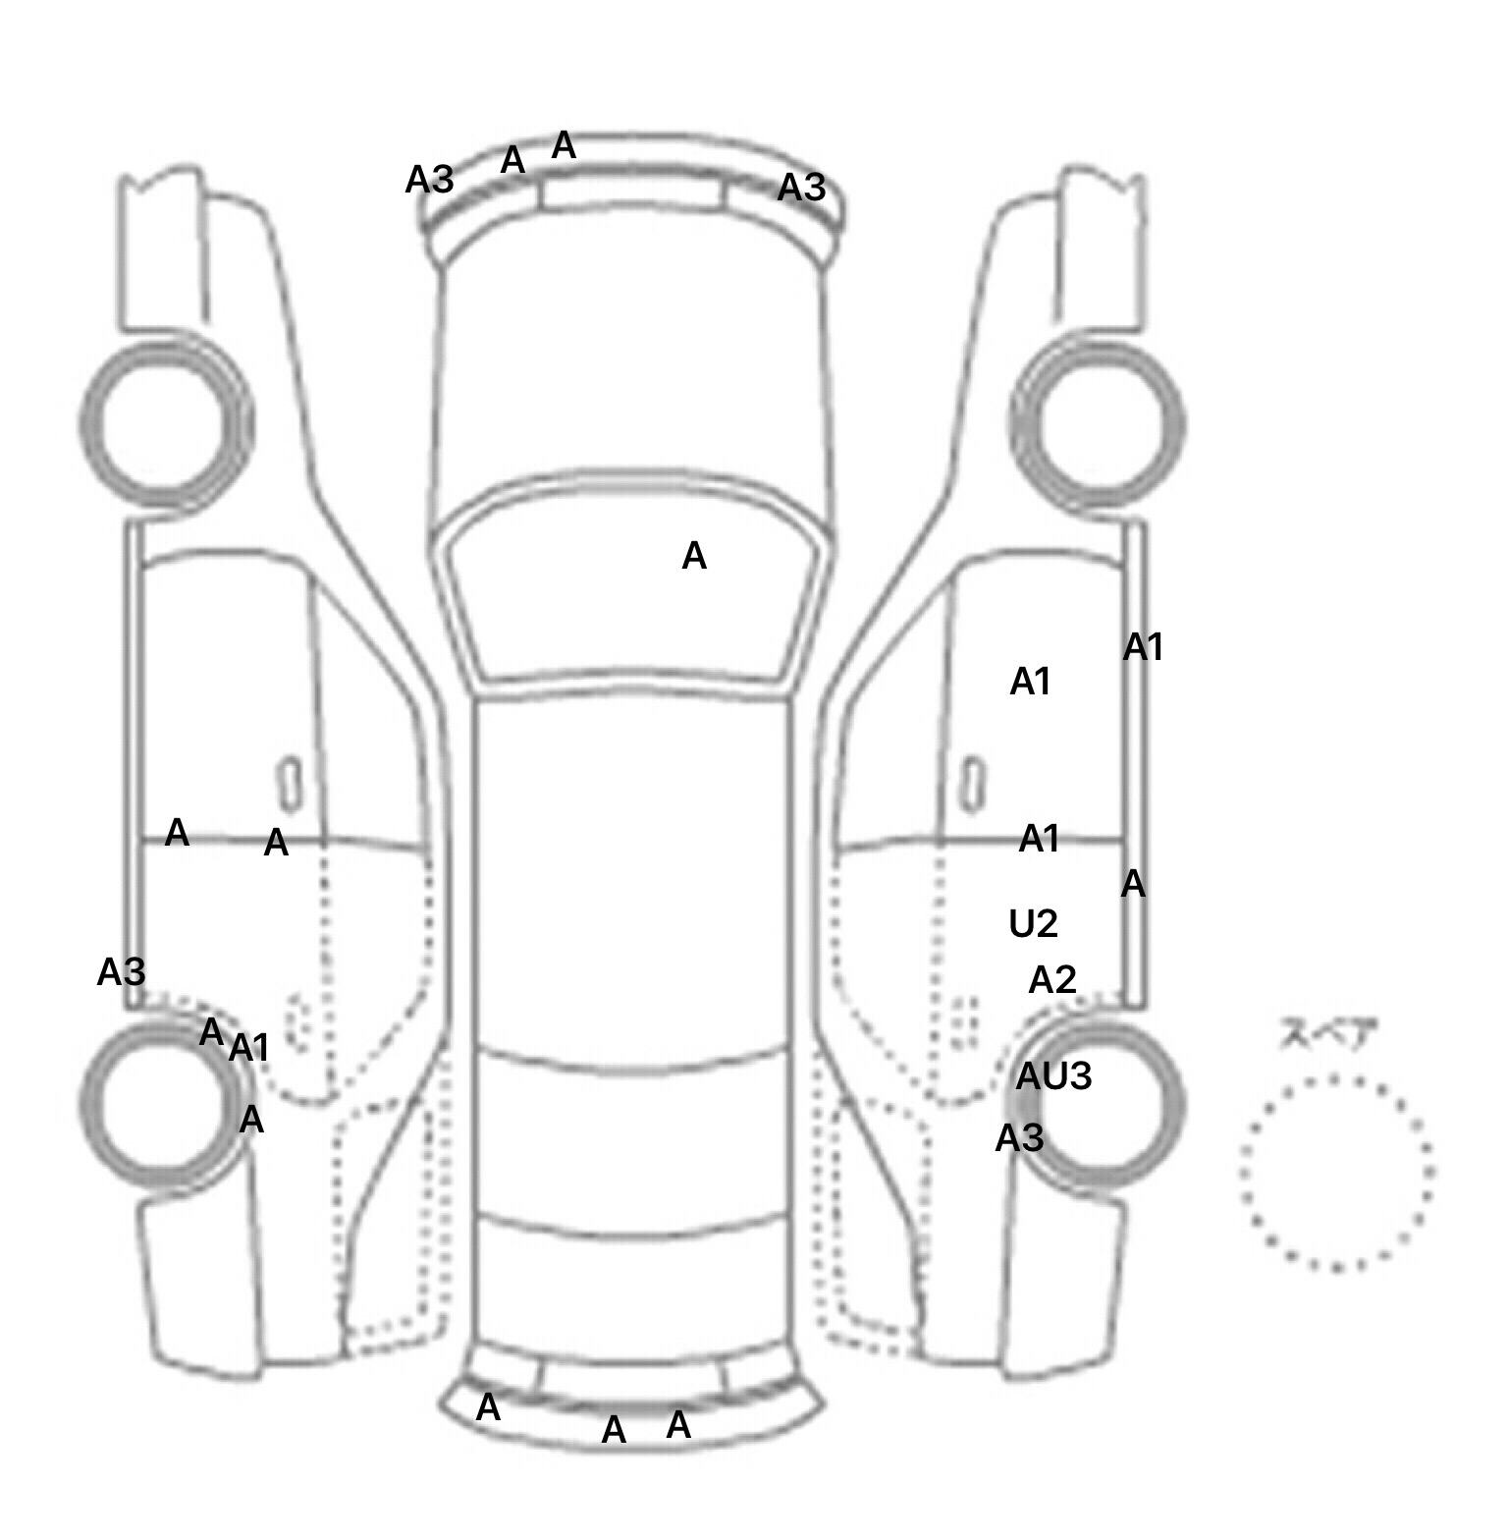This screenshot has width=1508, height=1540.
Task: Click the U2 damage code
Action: tap(1033, 923)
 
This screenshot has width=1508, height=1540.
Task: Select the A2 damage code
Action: tap(1052, 979)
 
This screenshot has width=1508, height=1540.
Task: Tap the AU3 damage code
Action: tap(1053, 1076)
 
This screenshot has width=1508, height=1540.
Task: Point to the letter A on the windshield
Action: tap(694, 557)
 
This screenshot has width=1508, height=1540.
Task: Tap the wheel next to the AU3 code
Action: tap(1098, 1102)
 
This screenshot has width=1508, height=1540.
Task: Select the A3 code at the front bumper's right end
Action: tap(801, 187)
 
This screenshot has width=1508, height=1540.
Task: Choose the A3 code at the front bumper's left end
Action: tap(430, 180)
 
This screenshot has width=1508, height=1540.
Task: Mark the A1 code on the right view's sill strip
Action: tap(1144, 647)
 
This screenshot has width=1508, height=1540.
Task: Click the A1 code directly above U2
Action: tap(1040, 839)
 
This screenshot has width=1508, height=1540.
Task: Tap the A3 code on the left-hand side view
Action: tap(122, 972)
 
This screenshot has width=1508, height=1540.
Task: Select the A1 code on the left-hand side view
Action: tap(248, 1049)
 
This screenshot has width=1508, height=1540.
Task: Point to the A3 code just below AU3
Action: tap(1019, 1138)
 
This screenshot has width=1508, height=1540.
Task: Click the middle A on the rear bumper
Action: tap(614, 1430)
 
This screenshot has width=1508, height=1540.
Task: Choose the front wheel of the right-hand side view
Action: tap(1098, 424)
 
